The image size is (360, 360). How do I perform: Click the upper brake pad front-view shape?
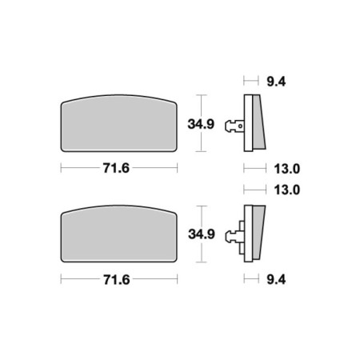click(x=118, y=123)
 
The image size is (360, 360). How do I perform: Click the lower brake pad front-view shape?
click(x=118, y=234)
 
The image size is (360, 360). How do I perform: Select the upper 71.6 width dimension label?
click(x=116, y=168)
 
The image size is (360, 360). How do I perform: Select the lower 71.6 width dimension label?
click(x=117, y=280)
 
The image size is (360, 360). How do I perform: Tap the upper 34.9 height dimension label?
click(x=201, y=124)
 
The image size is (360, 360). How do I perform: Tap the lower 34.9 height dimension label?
click(x=202, y=234)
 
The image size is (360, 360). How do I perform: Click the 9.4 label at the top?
click(x=276, y=82)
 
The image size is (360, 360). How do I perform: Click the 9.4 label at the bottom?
click(x=276, y=280)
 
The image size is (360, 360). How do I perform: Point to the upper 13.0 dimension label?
click(x=287, y=169)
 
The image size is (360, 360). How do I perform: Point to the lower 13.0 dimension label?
click(x=287, y=190)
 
